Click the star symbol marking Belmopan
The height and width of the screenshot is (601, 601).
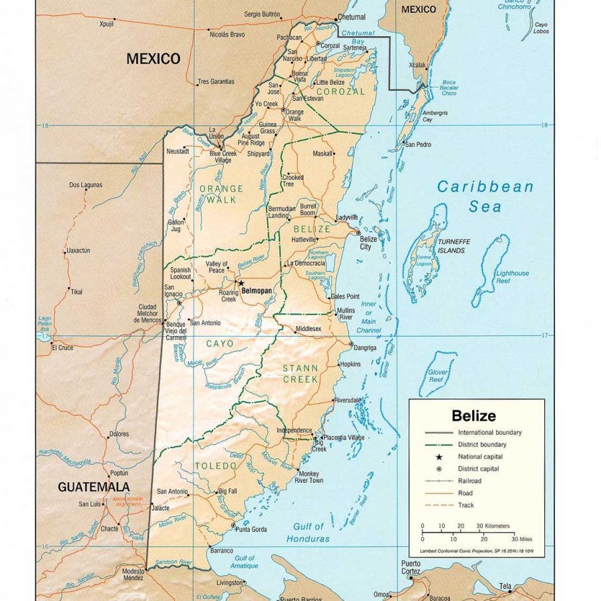coord(240,284)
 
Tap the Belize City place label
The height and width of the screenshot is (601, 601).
coord(369,242)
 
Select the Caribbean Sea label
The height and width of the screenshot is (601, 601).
coord(485,196)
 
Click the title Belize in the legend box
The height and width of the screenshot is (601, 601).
coord(473,416)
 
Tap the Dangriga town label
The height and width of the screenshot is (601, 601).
coord(365,348)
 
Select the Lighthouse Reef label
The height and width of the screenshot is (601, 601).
coord(512,277)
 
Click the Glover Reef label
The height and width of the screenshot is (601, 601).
coord(437,377)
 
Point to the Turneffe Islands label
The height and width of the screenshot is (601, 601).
coord(451,246)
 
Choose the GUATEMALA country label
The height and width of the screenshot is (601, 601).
coord(93,487)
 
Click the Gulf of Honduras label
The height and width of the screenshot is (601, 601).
coord(308,532)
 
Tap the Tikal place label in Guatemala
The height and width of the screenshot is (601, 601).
coord(77,292)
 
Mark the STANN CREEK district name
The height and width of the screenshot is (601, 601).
coord(300,373)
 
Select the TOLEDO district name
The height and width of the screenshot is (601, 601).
coord(216,465)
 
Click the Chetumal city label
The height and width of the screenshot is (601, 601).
coord(352,17)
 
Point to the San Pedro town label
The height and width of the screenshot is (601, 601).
coord(418,144)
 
